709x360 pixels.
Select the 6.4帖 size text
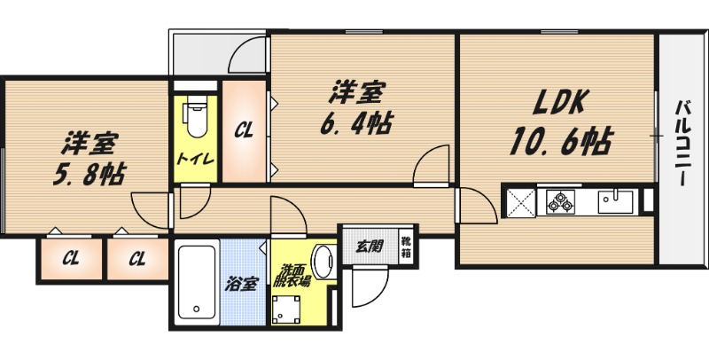click(x=356, y=122)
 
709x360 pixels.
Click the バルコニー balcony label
click(x=682, y=142)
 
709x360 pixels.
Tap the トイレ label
click(x=191, y=160)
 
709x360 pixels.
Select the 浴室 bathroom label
click(x=240, y=285)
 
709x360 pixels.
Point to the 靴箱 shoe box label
click(x=405, y=246)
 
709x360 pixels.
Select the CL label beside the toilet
click(x=244, y=130)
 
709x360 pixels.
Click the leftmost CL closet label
click(x=71, y=259)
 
